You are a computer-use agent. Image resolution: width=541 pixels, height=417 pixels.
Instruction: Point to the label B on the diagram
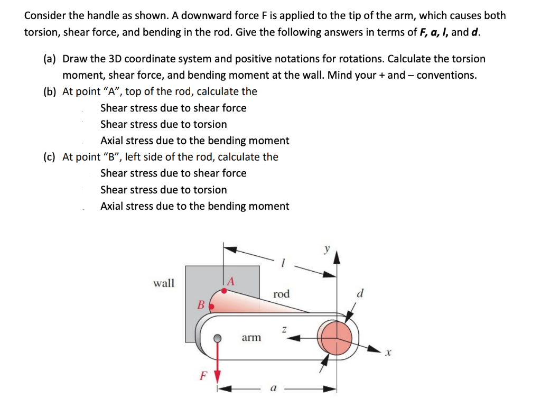(200, 305)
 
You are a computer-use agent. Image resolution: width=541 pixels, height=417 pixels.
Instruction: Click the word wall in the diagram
(163, 283)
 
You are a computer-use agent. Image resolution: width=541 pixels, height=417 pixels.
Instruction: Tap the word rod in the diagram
(282, 294)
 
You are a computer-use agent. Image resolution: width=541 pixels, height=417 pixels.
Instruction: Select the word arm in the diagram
(251, 337)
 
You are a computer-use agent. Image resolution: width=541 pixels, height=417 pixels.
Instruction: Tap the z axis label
(284, 329)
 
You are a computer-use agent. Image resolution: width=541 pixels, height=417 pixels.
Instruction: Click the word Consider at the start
(45, 15)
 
